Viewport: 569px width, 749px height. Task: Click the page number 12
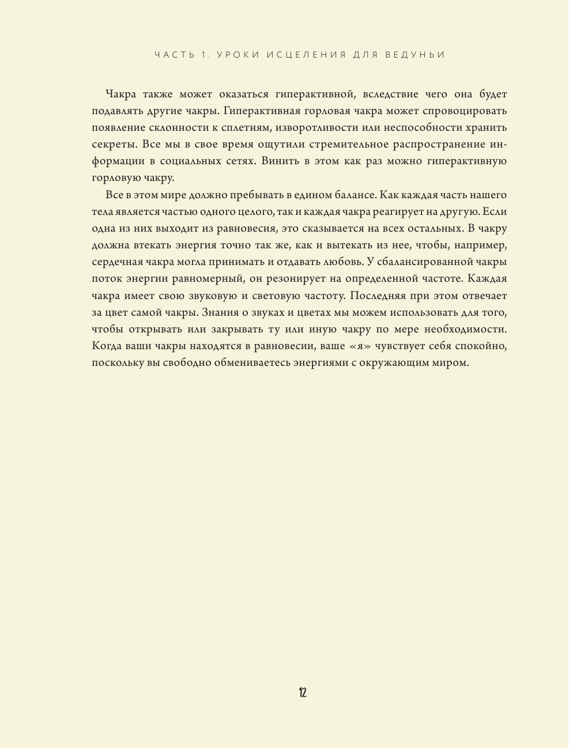point(303,692)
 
